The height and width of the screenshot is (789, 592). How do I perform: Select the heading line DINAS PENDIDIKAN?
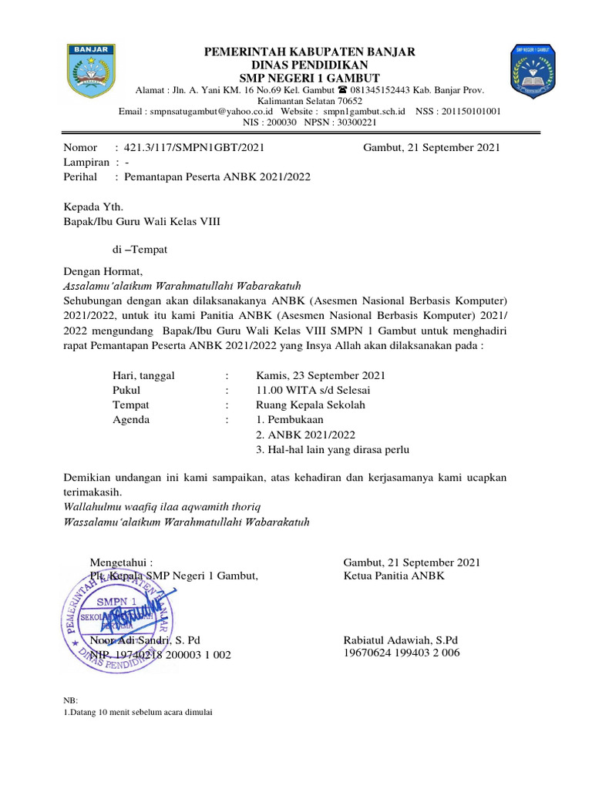(x=309, y=65)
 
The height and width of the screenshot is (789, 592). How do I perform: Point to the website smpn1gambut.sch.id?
(x=364, y=112)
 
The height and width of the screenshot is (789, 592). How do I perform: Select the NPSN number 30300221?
(x=351, y=122)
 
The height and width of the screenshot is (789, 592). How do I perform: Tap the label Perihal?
(x=79, y=176)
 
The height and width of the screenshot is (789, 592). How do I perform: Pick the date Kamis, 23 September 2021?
(x=320, y=375)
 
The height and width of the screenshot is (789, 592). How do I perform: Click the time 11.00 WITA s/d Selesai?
(x=313, y=390)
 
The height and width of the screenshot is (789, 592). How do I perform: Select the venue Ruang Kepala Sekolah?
(x=311, y=405)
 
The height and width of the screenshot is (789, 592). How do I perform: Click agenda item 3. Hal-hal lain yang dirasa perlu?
(x=332, y=449)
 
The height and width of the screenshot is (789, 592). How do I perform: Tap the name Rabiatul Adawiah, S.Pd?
(x=400, y=640)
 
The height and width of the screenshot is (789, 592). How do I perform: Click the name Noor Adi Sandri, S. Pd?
(x=146, y=640)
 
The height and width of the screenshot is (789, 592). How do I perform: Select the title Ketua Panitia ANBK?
(x=393, y=576)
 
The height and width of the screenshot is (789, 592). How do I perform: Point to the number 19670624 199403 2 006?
(x=401, y=653)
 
